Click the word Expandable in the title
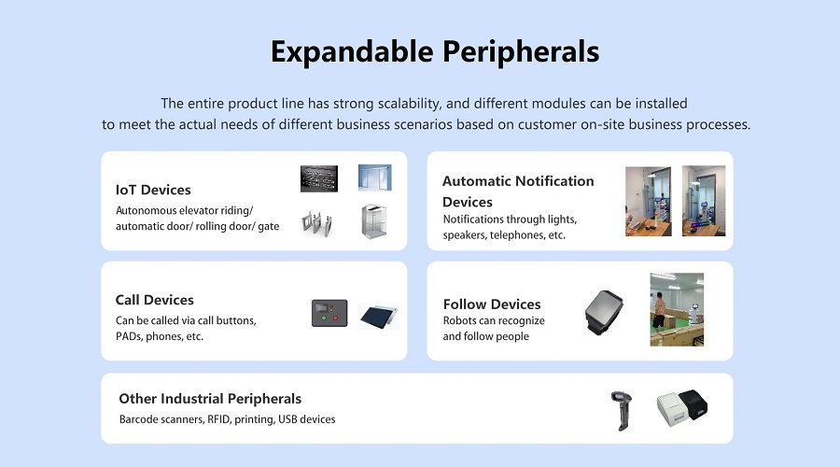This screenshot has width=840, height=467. (352, 52)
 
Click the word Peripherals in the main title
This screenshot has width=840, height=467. (521, 52)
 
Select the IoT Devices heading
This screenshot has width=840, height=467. (153, 190)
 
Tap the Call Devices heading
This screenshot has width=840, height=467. (155, 300)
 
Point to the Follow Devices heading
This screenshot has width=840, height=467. (492, 304)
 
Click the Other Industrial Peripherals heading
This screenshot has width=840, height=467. (210, 399)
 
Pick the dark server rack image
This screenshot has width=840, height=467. (319, 178)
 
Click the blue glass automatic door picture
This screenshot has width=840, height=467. (375, 178)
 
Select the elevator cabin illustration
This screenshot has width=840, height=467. (374, 221)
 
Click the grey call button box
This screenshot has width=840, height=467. (329, 313)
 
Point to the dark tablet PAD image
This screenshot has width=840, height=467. (379, 316)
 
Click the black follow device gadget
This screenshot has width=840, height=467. (604, 313)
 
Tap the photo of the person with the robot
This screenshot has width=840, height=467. (678, 309)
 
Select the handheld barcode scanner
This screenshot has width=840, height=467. (622, 411)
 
